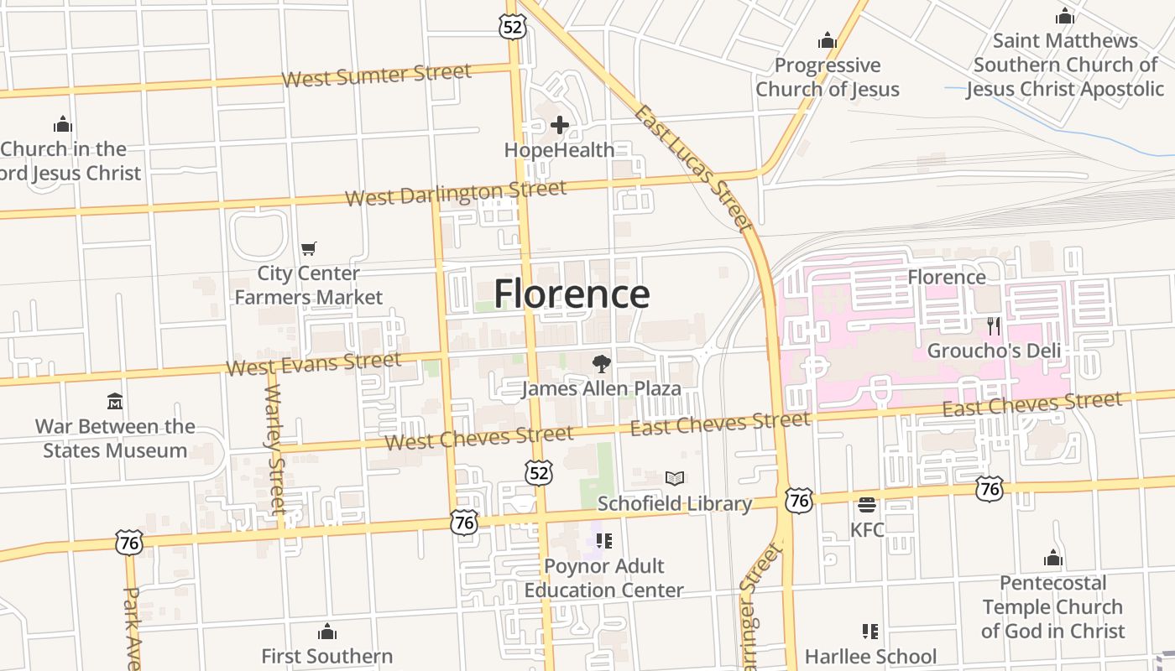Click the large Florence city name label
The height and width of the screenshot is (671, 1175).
[x=572, y=294]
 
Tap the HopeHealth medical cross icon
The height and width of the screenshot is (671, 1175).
[x=560, y=126]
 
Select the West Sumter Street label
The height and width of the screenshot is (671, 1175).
[x=376, y=75]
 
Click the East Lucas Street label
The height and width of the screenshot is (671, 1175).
[x=692, y=167]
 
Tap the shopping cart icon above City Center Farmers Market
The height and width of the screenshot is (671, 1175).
[x=308, y=248]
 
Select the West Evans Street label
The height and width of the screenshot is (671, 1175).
[x=313, y=364]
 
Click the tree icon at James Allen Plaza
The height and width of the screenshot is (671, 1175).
[x=601, y=364]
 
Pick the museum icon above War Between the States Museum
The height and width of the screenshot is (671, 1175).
[x=115, y=401]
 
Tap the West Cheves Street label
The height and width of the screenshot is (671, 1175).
[x=478, y=437]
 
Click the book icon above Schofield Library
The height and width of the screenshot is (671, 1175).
[x=675, y=478]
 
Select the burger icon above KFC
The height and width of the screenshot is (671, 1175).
[x=867, y=505]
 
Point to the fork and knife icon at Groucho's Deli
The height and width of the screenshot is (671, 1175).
[x=994, y=326]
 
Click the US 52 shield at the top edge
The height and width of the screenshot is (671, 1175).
[x=512, y=26]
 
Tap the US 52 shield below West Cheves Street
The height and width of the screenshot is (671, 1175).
[x=540, y=473]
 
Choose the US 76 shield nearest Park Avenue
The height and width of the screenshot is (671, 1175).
[x=129, y=542]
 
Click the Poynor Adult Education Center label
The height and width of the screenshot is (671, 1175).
[x=603, y=578]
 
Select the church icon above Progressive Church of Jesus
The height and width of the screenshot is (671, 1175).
[x=828, y=40]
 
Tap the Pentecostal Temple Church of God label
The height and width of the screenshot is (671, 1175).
[x=1052, y=606]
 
